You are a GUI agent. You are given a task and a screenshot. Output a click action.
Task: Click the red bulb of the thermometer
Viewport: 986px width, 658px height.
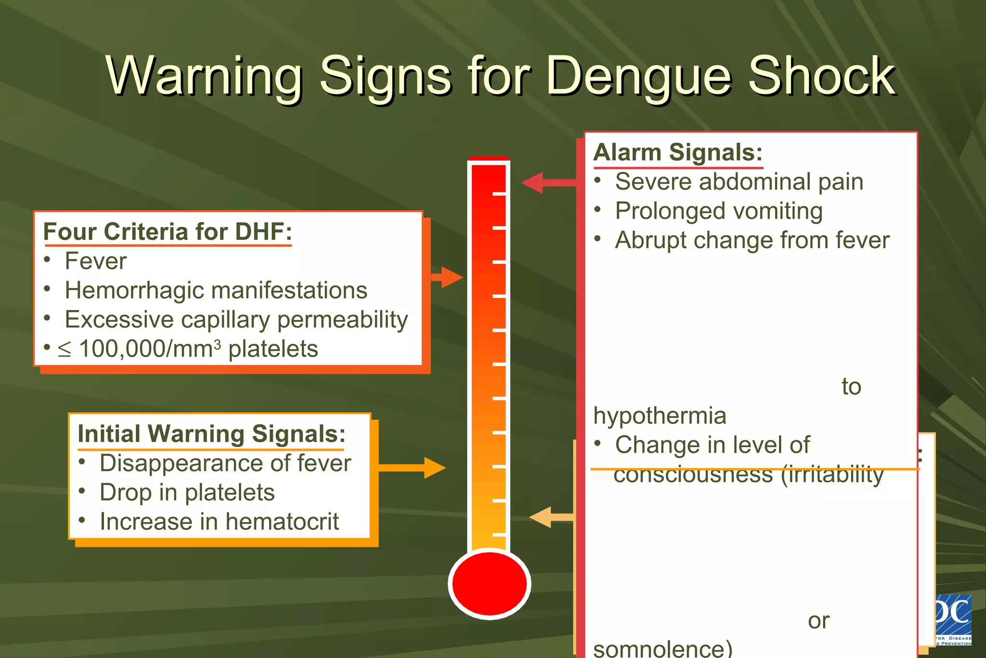coord(489,583)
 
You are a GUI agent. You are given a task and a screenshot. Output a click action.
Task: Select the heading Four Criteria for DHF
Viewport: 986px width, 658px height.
coord(168,232)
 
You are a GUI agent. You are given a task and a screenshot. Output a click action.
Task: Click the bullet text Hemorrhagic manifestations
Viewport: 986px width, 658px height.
coord(216,290)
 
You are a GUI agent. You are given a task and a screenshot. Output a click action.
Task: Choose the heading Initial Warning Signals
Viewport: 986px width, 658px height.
coord(211,434)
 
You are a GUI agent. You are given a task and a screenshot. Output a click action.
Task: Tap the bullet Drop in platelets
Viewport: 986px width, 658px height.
coord(187,492)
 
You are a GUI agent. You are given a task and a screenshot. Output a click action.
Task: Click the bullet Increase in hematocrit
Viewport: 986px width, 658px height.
coord(219,522)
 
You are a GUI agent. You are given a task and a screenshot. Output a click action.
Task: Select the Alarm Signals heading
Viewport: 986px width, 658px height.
coord(678,153)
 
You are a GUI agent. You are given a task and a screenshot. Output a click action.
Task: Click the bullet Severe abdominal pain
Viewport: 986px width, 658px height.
coord(739,182)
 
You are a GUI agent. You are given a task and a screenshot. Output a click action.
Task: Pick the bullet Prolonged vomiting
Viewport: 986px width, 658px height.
coord(719,211)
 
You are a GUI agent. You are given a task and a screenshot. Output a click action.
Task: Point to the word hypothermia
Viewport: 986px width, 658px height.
coord(660,416)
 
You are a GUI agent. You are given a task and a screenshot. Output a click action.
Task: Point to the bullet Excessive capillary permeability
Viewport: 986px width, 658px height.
coord(236,320)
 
